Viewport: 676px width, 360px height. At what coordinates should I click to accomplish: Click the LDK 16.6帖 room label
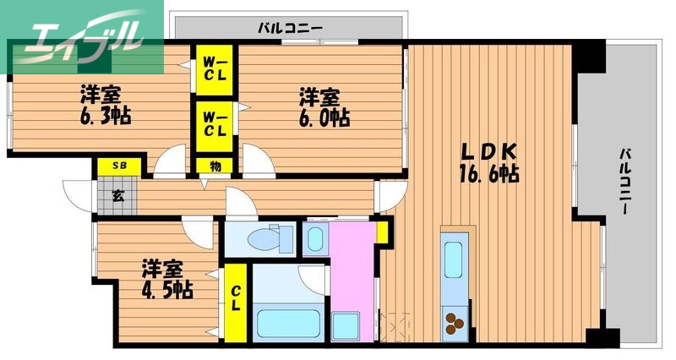pyautogui.click(x=489, y=163)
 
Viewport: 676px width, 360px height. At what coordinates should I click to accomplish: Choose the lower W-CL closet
pyautogui.click(x=214, y=125)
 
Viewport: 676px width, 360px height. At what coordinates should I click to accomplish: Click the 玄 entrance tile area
pyautogui.click(x=117, y=197)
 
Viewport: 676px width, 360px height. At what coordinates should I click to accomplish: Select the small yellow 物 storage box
pyautogui.click(x=215, y=166)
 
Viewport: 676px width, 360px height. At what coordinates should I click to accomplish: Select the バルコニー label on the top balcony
pyautogui.click(x=290, y=28)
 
